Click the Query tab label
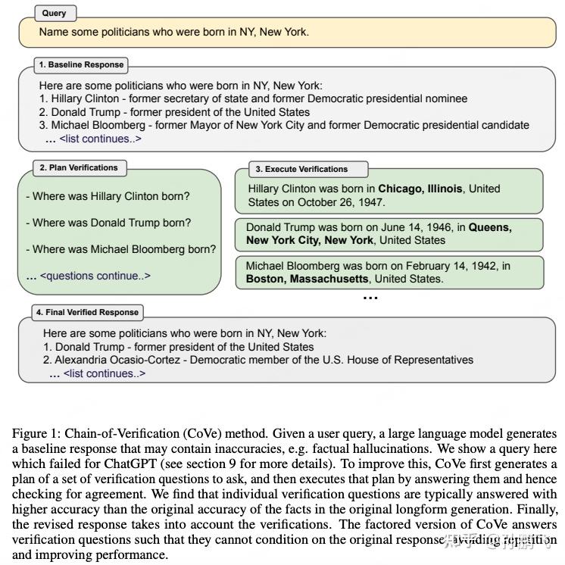(x=55, y=13)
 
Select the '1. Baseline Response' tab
(x=81, y=64)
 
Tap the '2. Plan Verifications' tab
(x=79, y=167)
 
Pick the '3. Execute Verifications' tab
(x=301, y=169)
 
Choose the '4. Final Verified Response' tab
(x=87, y=312)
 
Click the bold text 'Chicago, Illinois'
(x=420, y=189)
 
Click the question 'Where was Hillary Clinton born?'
(x=108, y=196)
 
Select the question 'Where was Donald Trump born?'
(x=108, y=223)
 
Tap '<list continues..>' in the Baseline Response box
(x=100, y=139)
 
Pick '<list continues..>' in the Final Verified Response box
(x=104, y=373)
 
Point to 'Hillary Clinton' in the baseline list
(x=85, y=98)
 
